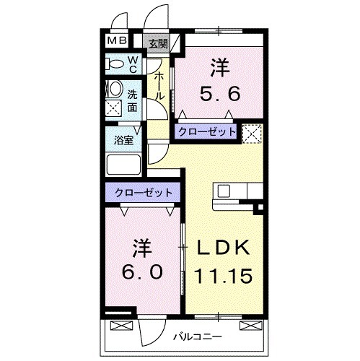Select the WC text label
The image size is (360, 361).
[133, 64]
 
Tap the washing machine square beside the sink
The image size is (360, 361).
[114, 108]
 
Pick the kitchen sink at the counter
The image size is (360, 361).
[224, 191]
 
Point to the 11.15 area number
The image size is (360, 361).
[223, 275]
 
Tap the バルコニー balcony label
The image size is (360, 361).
[196, 336]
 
